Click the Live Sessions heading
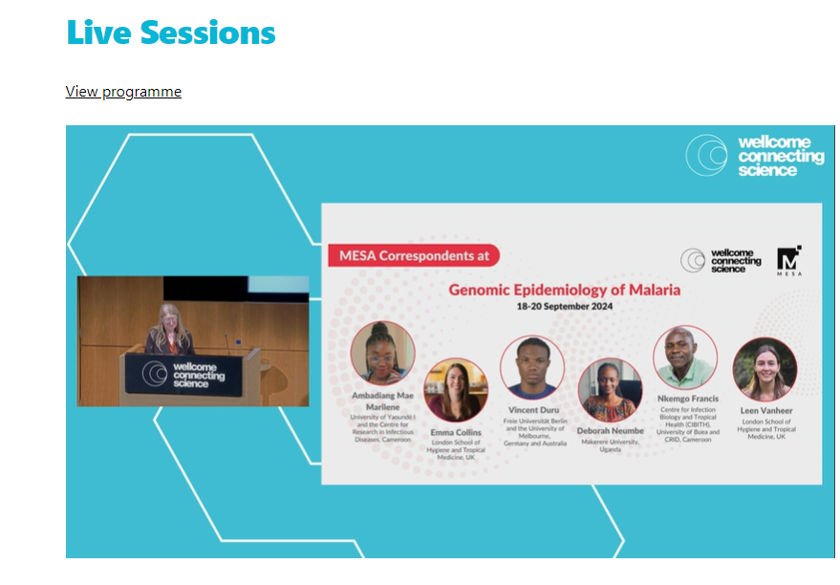click(171, 32)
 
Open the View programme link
click(123, 92)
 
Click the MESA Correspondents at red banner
click(413, 255)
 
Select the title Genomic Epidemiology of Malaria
click(565, 289)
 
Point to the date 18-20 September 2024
click(565, 307)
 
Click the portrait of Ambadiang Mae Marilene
click(383, 353)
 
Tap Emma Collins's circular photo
click(455, 390)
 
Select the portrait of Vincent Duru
click(531, 367)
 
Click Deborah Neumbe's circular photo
click(610, 390)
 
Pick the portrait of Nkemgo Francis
click(684, 357)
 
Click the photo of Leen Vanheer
click(765, 370)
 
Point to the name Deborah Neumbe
click(611, 431)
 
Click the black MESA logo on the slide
click(788, 261)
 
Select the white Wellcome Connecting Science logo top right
click(755, 156)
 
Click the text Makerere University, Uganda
click(611, 445)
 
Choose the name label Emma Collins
click(456, 433)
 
